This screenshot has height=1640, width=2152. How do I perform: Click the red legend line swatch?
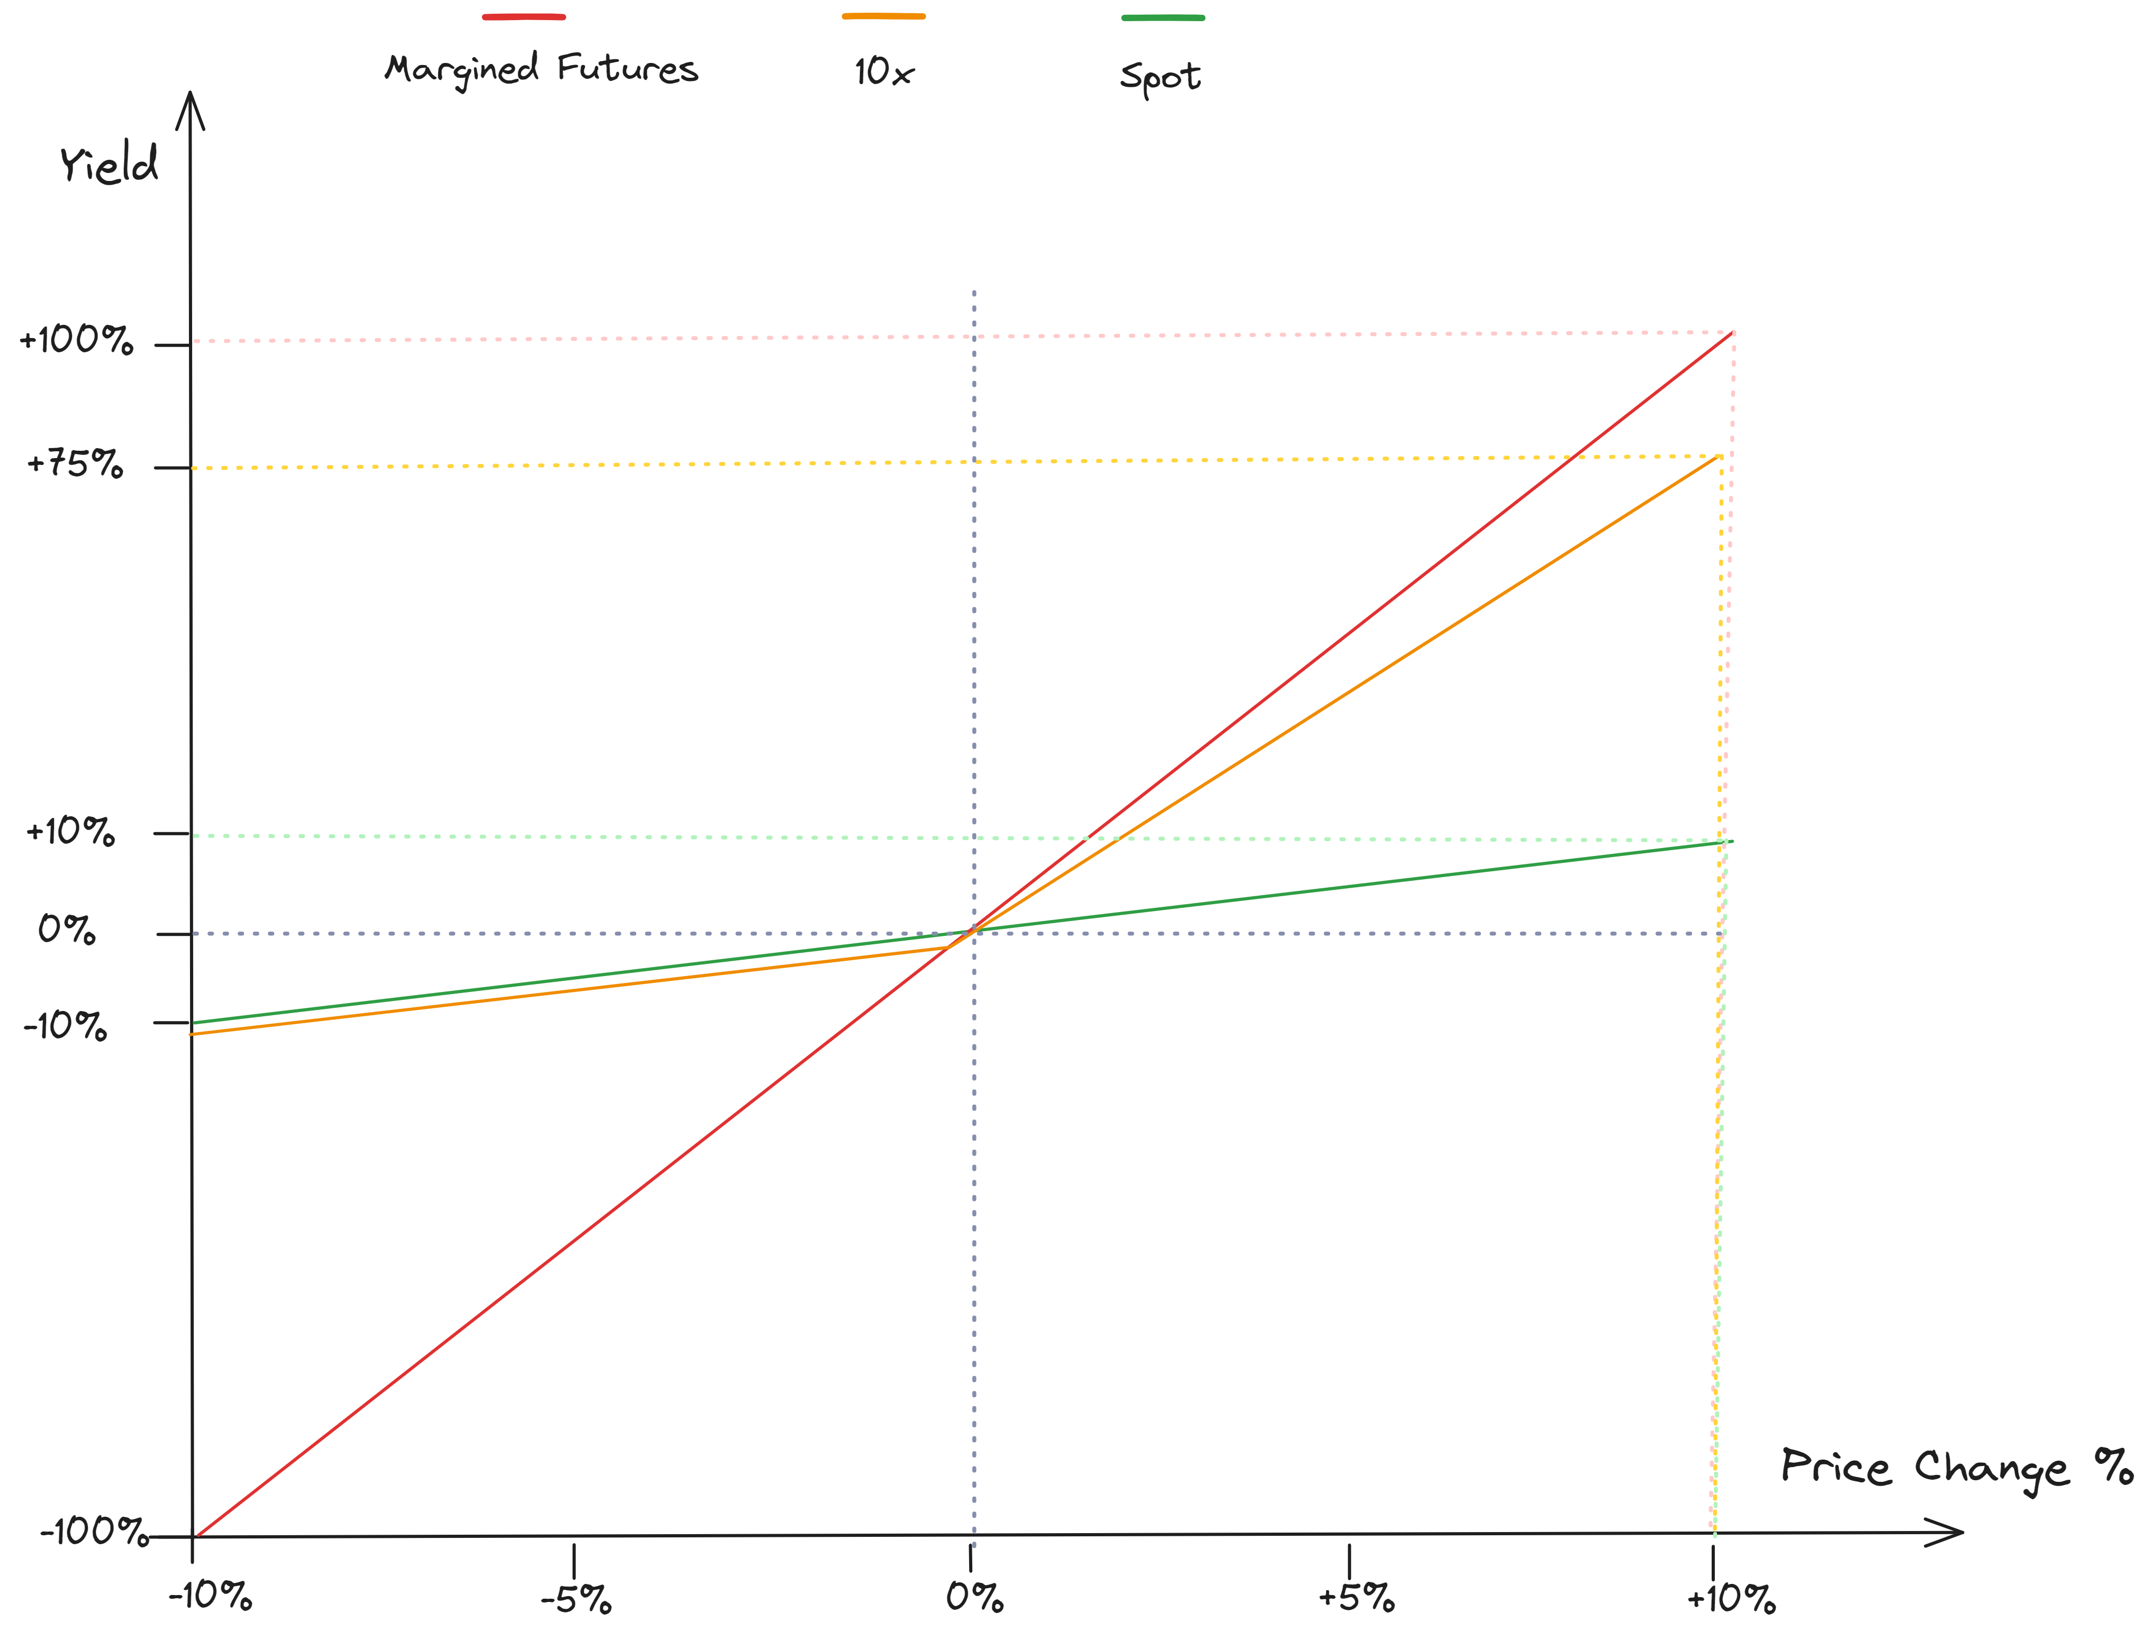(523, 16)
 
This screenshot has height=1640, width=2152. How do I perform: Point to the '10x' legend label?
(883, 71)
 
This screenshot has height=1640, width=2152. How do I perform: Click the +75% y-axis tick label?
(75, 463)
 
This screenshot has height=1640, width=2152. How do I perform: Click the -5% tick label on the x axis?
(576, 1599)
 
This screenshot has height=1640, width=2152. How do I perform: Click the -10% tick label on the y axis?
(65, 1025)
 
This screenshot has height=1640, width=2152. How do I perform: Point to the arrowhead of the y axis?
(189, 98)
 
